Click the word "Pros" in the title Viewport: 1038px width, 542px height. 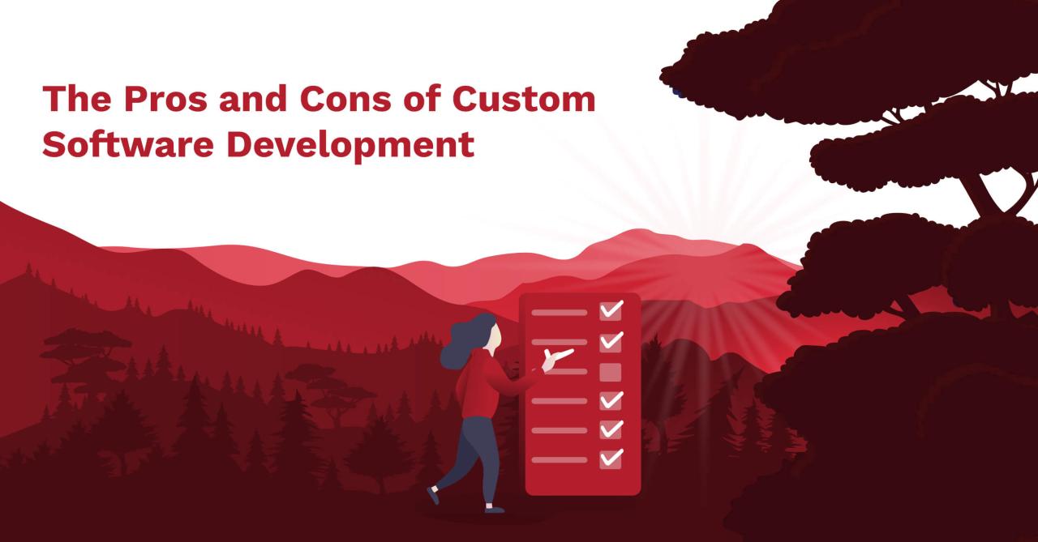(147, 100)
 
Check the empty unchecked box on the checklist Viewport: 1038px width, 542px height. (610, 372)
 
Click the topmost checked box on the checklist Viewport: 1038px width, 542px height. (610, 310)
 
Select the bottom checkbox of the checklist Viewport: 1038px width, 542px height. (610, 459)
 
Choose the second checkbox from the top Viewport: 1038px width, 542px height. (610, 341)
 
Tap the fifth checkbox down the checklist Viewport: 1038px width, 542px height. (610, 429)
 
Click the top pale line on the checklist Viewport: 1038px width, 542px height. (559, 312)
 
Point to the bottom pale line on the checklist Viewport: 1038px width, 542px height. (559, 459)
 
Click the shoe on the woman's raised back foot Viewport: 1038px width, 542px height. (433, 495)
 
